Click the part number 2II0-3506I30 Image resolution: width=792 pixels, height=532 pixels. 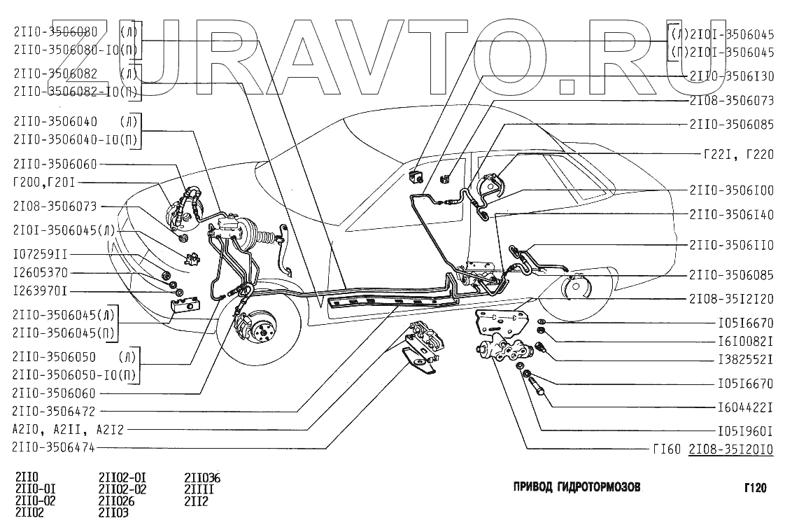tap(731, 76)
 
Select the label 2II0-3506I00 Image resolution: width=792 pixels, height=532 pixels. tap(731, 190)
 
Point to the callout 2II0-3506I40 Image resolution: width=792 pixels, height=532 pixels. tap(731, 215)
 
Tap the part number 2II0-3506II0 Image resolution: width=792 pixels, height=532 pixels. tap(731, 246)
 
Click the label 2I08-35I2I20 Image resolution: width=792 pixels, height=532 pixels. tap(731, 298)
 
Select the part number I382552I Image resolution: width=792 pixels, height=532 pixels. tap(744, 360)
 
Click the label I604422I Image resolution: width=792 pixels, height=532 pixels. tap(744, 406)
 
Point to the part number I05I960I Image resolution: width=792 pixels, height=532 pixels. tap(744, 430)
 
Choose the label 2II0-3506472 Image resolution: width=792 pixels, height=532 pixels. tap(54, 410)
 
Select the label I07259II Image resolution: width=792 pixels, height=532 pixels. tap(40, 254)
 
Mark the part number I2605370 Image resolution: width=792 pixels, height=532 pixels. tap(40, 272)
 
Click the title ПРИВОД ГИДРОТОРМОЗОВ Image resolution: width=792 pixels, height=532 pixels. tap(577, 487)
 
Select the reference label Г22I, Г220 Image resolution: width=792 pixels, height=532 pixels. tap(738, 155)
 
